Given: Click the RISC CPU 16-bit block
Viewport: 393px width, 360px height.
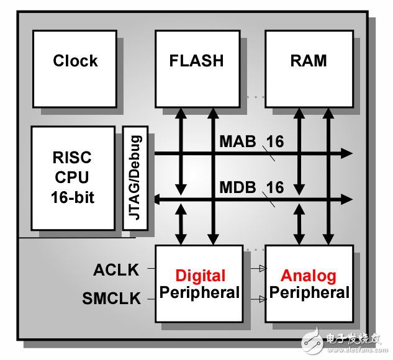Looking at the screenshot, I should click(73, 178).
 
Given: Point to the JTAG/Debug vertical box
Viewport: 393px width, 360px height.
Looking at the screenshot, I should click(135, 178).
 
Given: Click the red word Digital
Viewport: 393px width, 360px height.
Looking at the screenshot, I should click(200, 276).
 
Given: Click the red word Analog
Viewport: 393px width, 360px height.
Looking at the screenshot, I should click(309, 276).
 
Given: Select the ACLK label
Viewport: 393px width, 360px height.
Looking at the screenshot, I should click(116, 270).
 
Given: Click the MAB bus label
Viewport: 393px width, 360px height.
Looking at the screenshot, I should click(237, 142).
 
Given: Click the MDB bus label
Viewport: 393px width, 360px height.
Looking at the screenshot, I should click(237, 187).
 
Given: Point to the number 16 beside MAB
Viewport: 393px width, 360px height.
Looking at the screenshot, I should click(275, 142).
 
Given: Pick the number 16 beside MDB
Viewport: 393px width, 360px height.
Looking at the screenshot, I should click(275, 187).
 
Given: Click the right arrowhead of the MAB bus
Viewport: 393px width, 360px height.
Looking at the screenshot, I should click(346, 153).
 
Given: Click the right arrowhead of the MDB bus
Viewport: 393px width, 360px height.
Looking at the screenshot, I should click(346, 199).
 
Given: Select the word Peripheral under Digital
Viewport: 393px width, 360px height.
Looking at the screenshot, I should click(200, 292).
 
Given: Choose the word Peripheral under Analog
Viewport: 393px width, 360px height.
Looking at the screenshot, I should click(309, 292).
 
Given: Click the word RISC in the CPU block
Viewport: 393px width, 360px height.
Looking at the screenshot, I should click(73, 157).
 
